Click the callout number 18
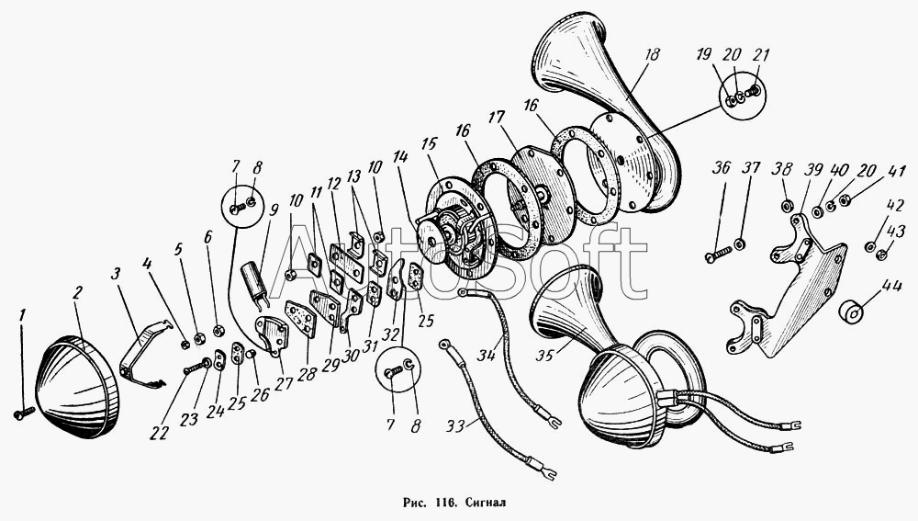[651, 56]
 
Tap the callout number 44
[866, 286]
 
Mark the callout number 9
[274, 209]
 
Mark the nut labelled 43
[879, 255]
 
